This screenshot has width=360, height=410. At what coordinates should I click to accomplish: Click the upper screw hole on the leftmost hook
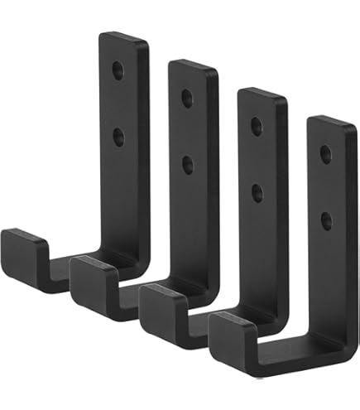click(118, 71)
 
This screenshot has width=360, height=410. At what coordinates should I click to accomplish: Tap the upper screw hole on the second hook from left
click(187, 99)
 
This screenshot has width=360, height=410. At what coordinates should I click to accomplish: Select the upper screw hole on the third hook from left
click(257, 127)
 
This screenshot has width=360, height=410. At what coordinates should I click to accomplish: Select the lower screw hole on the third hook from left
click(257, 192)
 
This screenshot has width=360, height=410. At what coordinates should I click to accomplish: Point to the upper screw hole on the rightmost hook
click(326, 154)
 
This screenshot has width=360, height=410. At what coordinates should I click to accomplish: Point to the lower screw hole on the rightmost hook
click(326, 219)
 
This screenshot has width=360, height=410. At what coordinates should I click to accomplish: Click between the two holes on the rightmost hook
click(326, 187)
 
